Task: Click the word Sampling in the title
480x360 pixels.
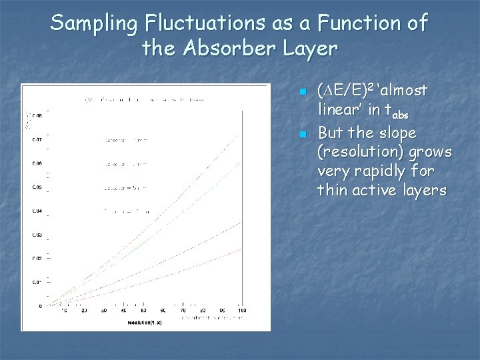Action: [x=93, y=23]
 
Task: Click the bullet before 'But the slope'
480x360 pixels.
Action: [x=302, y=134]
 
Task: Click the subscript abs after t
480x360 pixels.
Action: [x=399, y=114]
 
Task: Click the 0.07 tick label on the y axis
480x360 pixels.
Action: [x=37, y=140]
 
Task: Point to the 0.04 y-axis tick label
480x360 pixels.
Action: [x=37, y=211]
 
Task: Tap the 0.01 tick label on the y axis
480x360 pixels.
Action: [x=37, y=282]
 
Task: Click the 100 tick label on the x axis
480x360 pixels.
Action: [x=241, y=311]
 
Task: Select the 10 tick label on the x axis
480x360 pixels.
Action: [x=65, y=311]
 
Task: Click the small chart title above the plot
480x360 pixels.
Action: [x=144, y=100]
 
